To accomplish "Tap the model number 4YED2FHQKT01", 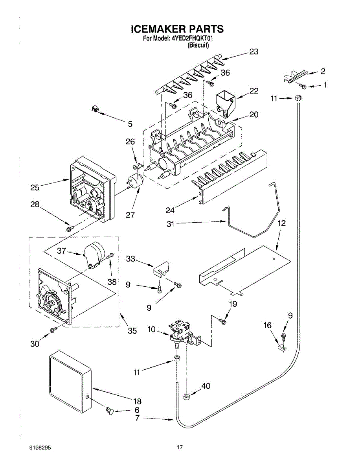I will pyautogui.click(x=192, y=39).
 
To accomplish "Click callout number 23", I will pyautogui.click(x=253, y=52).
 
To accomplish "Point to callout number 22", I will pyautogui.click(x=254, y=90).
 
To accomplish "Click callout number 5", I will pyautogui.click(x=130, y=124).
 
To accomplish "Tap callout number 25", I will pyautogui.click(x=35, y=188).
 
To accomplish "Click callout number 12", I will pyautogui.click(x=282, y=223).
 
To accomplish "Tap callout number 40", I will pyautogui.click(x=206, y=386).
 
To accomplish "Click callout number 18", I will pyautogui.click(x=137, y=402).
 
